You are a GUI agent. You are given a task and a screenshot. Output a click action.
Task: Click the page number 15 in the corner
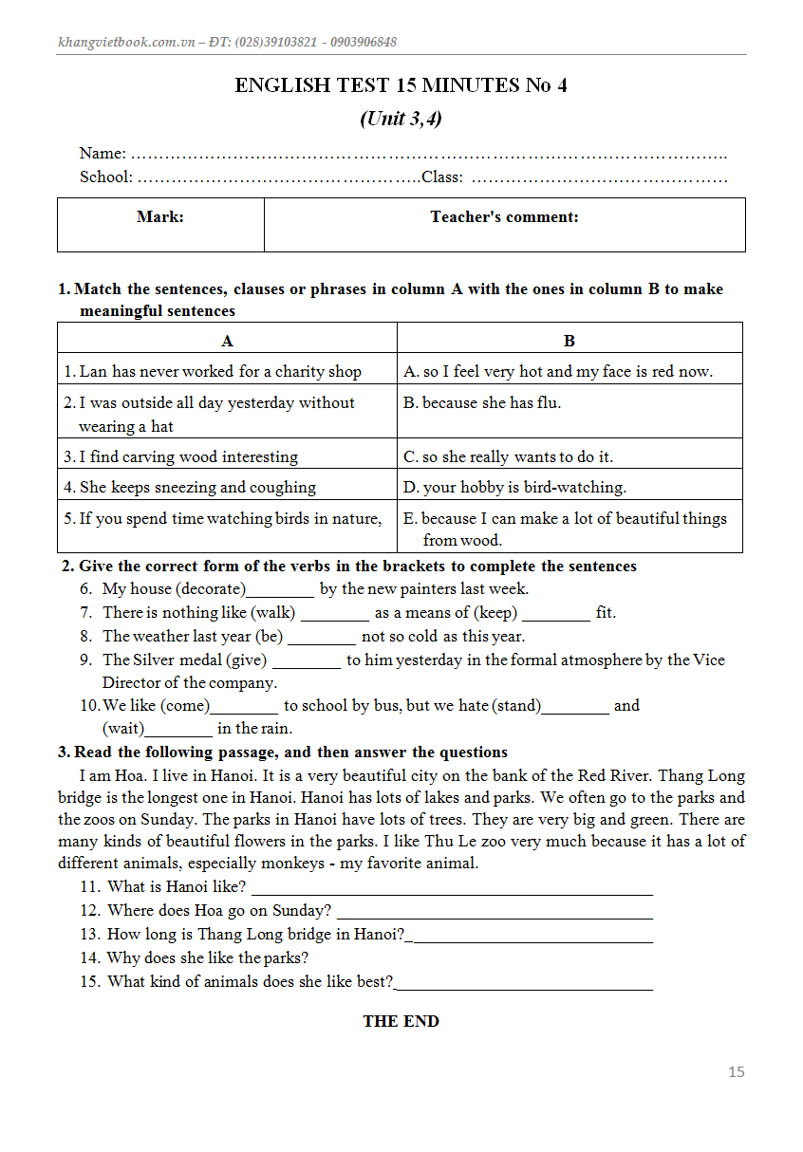click(737, 1072)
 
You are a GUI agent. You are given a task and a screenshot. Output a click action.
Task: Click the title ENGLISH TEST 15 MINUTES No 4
click(401, 85)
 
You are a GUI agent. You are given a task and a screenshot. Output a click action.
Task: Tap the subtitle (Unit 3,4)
click(401, 119)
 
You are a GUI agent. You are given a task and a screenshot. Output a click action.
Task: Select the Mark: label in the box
click(160, 217)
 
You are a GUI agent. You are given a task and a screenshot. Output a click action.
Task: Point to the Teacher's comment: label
click(504, 217)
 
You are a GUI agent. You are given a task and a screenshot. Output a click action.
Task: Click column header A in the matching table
click(228, 341)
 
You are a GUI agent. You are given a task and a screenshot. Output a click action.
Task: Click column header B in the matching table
click(570, 341)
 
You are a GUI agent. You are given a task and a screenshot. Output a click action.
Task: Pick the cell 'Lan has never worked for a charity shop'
click(220, 371)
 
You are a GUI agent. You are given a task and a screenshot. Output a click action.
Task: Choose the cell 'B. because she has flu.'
click(482, 402)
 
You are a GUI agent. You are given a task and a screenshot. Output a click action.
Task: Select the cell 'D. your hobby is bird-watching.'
click(514, 487)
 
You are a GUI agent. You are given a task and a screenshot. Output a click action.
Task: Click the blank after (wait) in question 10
click(179, 731)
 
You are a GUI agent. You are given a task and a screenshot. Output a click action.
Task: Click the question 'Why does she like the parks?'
click(207, 957)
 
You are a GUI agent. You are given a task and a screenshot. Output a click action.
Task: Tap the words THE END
click(401, 1021)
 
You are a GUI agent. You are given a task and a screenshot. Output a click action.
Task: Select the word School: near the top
click(106, 177)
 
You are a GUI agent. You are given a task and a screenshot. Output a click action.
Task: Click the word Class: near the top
click(442, 177)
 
